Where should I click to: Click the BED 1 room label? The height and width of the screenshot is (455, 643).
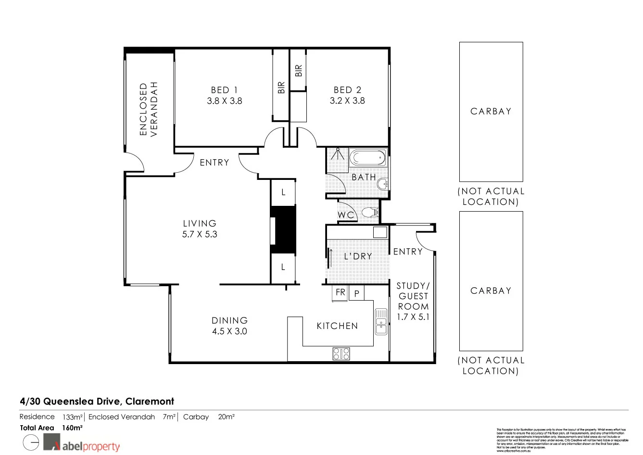(x=224, y=90)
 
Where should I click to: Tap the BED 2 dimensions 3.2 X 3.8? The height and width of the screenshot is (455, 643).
(x=347, y=101)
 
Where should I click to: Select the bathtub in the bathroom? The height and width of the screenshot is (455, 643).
(x=367, y=157)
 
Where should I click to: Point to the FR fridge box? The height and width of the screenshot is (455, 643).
(x=340, y=293)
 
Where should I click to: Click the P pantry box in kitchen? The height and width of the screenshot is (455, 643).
(x=356, y=293)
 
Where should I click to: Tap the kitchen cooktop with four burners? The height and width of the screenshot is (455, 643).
(x=341, y=354)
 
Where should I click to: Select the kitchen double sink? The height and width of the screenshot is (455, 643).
(x=381, y=321)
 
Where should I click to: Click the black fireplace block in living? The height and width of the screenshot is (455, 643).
(x=284, y=230)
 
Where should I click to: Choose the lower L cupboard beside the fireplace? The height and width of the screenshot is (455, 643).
(x=283, y=267)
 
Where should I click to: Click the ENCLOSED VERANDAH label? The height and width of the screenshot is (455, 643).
(x=149, y=110)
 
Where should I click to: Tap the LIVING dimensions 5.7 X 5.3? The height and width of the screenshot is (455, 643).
(x=200, y=235)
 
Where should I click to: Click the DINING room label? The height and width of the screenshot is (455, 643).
(x=229, y=320)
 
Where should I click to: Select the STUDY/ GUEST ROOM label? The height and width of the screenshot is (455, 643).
(x=413, y=296)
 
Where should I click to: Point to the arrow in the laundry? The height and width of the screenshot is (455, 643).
(x=330, y=258)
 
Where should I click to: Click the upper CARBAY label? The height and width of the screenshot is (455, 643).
(x=491, y=111)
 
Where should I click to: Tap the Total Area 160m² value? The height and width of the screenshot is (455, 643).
(x=72, y=428)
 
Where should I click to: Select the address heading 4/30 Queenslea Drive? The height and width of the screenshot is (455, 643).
(x=97, y=401)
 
